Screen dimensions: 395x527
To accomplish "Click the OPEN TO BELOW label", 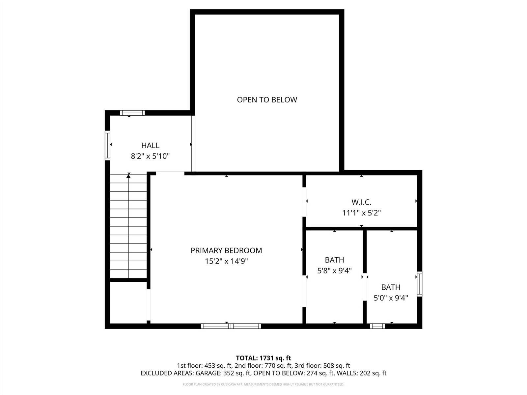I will click(267, 99).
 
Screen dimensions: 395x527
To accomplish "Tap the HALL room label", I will click(150, 145).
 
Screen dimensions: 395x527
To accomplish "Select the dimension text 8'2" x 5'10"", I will click(150, 156).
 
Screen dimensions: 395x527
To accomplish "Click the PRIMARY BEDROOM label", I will click(226, 250).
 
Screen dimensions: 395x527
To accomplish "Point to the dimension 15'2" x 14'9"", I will click(226, 261).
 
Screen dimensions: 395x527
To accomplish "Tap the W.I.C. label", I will click(361, 202).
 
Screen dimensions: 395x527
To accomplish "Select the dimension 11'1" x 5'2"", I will click(361, 213).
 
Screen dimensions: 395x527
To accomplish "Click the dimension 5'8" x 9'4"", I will click(334, 271).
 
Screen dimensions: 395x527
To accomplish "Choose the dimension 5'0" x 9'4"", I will click(391, 298).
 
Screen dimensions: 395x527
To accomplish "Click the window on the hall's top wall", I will click(132, 113).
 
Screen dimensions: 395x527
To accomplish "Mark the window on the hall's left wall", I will click(107, 145).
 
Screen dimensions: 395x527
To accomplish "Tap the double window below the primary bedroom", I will click(231, 326).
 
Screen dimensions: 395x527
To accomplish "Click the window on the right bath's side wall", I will click(419, 284).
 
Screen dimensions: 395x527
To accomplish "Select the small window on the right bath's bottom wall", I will click(377, 326).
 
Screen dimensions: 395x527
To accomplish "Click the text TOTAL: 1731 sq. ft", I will click(263, 358).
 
